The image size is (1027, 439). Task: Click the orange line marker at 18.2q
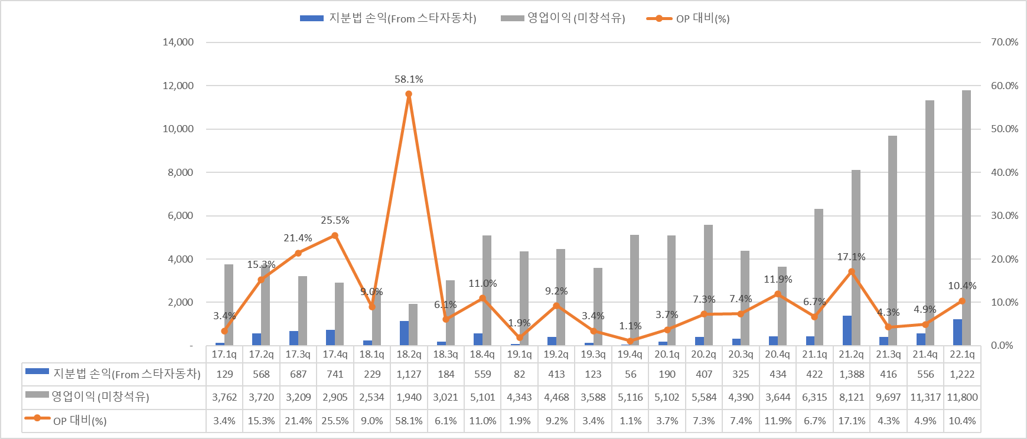point(409,94)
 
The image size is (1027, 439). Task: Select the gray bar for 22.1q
point(966,218)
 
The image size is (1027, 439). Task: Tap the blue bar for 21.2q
point(847,330)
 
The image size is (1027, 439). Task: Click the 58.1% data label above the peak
point(409,79)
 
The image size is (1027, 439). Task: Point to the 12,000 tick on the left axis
point(178,86)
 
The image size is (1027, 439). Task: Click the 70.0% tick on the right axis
point(1005,42)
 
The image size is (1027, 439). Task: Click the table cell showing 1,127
point(409,374)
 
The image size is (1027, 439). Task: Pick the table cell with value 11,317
point(925,397)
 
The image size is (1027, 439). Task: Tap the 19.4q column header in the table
point(630,354)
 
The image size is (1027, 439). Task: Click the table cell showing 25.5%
point(335,421)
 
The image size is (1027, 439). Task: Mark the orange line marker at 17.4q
point(335,235)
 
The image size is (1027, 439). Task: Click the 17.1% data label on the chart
point(851,257)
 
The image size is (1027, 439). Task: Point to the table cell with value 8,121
point(852,397)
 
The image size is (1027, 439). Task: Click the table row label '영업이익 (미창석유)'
point(100,397)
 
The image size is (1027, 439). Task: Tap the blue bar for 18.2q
point(404,333)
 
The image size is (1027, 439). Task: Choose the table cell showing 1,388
point(852,374)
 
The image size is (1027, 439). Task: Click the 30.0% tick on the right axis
point(1005,215)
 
